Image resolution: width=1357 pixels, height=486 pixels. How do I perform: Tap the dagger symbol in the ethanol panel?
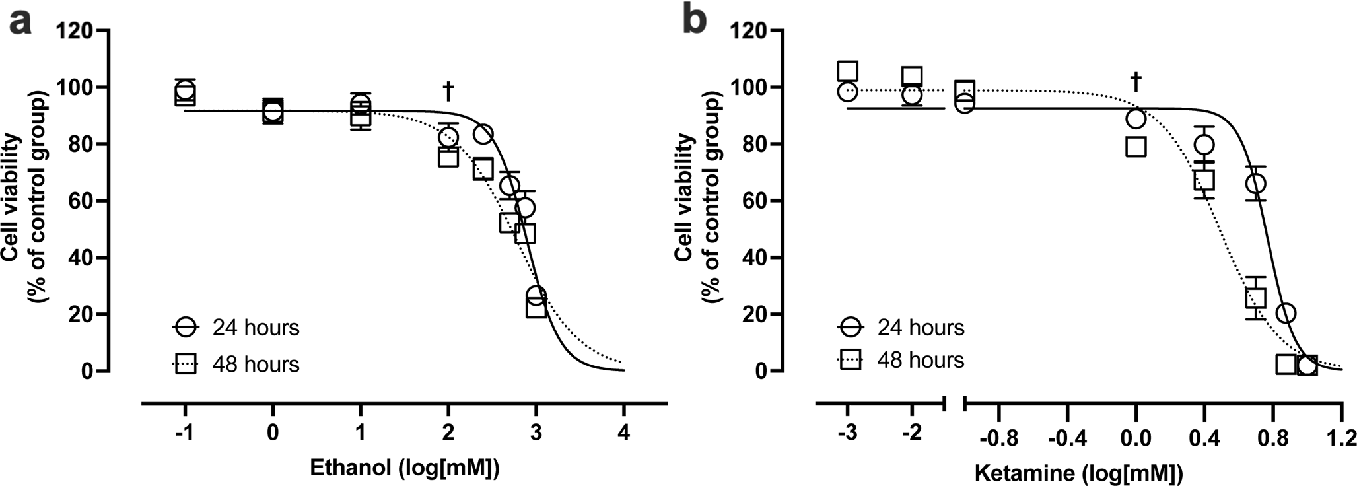(448, 92)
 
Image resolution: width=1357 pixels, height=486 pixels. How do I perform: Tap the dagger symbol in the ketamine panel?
(1136, 82)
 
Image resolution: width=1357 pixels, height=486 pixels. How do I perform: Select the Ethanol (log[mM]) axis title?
(405, 468)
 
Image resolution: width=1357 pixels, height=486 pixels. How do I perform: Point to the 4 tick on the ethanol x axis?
(623, 434)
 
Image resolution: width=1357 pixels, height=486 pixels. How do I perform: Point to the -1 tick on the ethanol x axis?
(185, 434)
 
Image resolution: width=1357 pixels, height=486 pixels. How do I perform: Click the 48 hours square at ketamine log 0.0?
(1136, 146)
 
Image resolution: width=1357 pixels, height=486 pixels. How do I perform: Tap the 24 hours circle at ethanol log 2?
(448, 137)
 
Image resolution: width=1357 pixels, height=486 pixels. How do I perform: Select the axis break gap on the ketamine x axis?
(956, 401)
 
